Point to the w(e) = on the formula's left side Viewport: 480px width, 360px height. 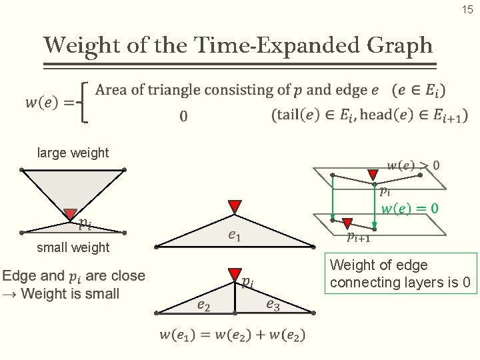(x=50, y=102)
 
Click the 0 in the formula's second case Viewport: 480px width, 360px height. (x=183, y=116)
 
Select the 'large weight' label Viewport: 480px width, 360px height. (x=73, y=153)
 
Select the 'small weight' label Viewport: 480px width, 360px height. (x=73, y=247)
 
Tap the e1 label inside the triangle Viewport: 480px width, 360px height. (x=234, y=234)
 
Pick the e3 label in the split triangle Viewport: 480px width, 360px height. (x=273, y=305)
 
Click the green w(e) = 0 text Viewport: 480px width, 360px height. (x=409, y=209)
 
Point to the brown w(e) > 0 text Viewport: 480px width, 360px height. (x=413, y=165)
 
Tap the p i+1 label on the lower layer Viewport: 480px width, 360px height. (x=359, y=236)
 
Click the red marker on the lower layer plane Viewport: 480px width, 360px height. (x=347, y=223)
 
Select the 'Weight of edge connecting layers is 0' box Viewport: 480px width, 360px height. (x=401, y=273)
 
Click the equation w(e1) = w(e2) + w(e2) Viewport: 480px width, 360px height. (x=232, y=335)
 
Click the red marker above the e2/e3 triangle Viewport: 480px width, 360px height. (x=235, y=274)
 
